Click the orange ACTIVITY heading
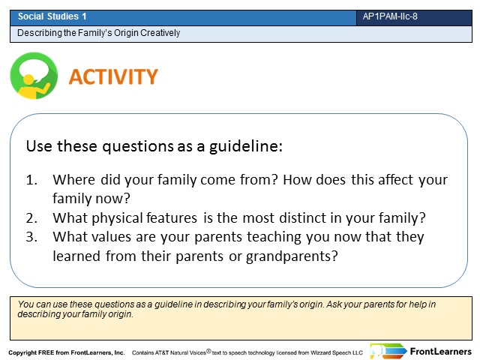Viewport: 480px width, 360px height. [x=113, y=76]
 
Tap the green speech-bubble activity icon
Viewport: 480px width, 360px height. [x=34, y=76]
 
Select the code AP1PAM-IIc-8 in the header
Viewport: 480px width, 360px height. [x=390, y=16]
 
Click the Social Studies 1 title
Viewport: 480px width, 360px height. [x=52, y=16]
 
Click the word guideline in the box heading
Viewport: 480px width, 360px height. [x=245, y=146]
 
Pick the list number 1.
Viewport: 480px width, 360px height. [x=31, y=180]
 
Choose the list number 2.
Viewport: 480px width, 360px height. [x=31, y=218]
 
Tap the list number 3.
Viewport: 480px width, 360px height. [x=31, y=237]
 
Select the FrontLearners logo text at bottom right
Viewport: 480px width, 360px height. [x=441, y=352]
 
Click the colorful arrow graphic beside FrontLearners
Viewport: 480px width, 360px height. [x=388, y=351]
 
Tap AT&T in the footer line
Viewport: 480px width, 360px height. [x=162, y=352]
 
